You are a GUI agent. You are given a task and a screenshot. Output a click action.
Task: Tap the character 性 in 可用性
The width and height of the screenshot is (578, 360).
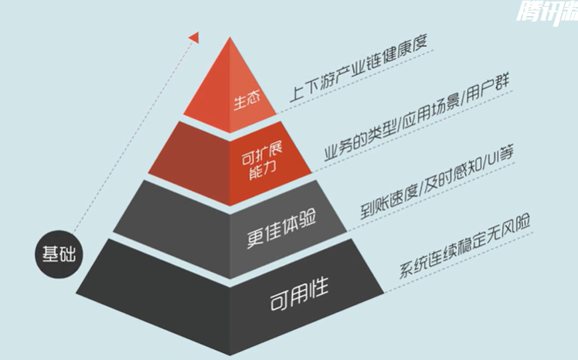coord(318,288)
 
